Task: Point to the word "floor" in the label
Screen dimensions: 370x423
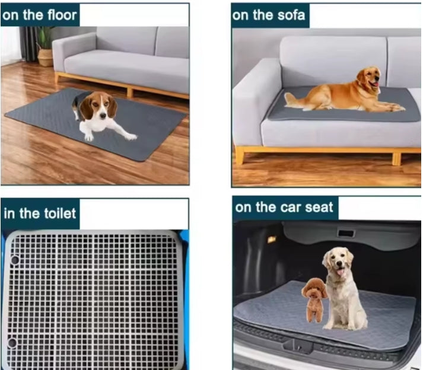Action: pyautogui.click(x=60, y=15)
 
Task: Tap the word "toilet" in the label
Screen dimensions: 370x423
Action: pyautogui.click(x=58, y=213)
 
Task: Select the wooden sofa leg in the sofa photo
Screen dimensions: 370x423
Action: pyautogui.click(x=239, y=156)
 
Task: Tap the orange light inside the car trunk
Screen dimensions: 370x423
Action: pyautogui.click(x=272, y=239)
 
